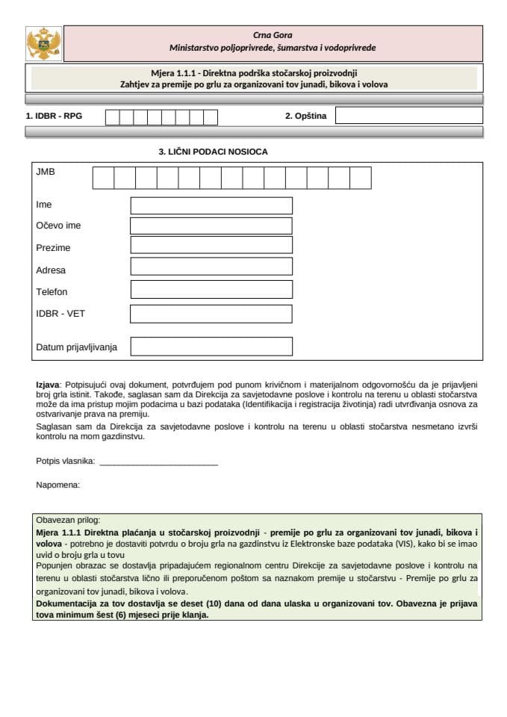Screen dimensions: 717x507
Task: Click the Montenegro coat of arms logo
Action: point(44,44)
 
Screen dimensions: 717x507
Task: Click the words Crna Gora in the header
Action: point(272,34)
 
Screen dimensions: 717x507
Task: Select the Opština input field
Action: point(408,116)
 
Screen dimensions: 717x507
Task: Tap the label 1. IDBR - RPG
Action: point(54,117)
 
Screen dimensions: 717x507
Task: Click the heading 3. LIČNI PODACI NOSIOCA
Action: point(213,152)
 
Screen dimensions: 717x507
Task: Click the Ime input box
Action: point(211,205)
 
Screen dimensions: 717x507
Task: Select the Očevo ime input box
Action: point(211,226)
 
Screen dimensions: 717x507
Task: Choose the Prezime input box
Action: point(211,246)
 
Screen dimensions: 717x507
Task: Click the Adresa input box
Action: point(211,267)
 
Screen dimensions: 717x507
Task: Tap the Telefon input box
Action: point(211,291)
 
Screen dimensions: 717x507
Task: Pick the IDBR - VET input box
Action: point(211,314)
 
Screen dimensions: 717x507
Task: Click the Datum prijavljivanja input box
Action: point(211,347)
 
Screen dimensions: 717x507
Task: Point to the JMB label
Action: point(46,172)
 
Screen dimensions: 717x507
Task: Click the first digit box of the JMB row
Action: point(103,178)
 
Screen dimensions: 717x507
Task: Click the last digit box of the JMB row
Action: point(361,178)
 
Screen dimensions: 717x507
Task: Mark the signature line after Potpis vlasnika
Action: point(158,462)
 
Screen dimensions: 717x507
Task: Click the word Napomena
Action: point(57,485)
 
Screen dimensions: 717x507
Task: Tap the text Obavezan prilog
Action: point(67,520)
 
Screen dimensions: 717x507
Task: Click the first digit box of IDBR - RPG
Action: point(112,117)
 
